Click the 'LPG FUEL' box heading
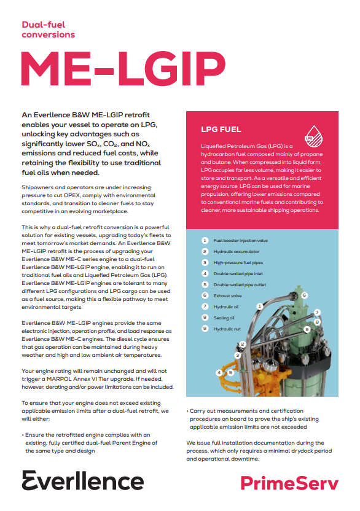221,130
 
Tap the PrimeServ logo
289,483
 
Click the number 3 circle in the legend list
205,263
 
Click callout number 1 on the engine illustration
260,305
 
